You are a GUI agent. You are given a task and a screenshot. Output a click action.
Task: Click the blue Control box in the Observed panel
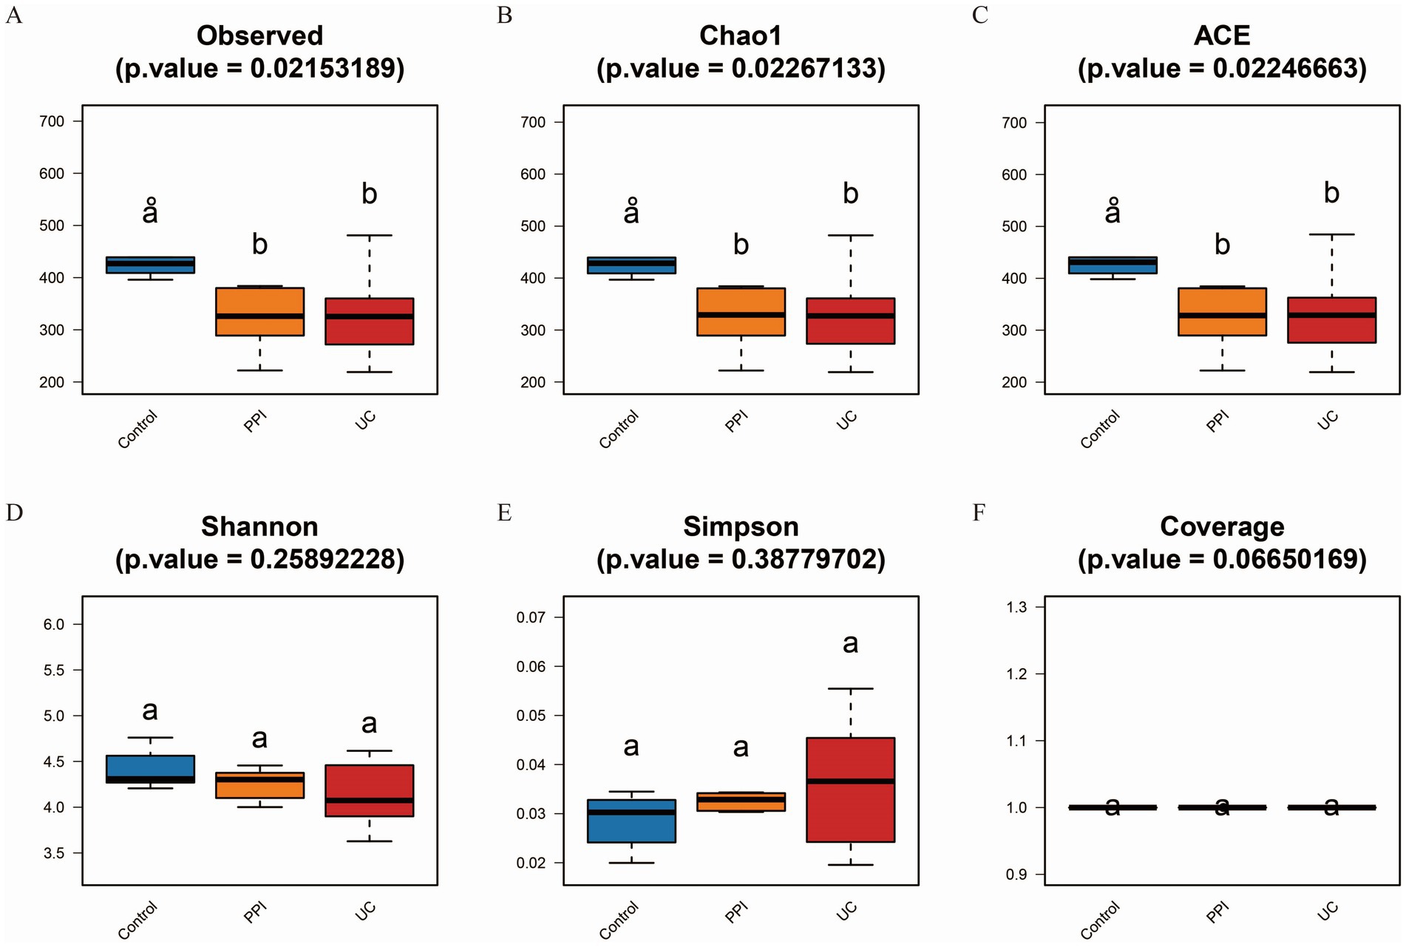coord(150,265)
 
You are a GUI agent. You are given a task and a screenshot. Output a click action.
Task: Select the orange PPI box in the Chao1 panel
coord(741,311)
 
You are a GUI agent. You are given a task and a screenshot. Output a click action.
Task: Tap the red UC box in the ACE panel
coord(1331,319)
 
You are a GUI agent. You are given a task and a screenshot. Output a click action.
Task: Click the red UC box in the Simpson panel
coord(850,789)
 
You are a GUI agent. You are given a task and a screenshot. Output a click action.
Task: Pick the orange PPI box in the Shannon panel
coord(259,785)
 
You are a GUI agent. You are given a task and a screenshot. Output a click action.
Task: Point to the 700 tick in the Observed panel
coord(52,121)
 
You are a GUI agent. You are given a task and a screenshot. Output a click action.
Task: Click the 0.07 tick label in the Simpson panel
coord(530,617)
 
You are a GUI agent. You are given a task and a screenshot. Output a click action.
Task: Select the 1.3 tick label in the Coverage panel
coord(1016,607)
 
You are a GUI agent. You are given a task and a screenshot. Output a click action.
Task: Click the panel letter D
coord(14,512)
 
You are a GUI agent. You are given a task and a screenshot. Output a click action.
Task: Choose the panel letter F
coord(979,512)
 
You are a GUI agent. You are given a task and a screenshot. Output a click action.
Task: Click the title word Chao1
coord(740,35)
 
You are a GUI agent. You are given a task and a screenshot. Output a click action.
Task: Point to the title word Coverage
coord(1221,526)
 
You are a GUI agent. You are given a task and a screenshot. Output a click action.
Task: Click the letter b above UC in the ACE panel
coord(1331,193)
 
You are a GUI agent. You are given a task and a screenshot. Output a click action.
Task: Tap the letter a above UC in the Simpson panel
coord(850,643)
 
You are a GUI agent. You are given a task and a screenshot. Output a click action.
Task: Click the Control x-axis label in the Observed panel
coord(138,430)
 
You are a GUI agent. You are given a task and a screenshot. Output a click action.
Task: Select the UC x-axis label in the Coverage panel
coord(1328,912)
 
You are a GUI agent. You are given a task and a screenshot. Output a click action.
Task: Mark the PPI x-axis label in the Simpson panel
coord(736,913)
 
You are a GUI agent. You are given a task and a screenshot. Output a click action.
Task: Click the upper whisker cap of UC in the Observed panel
coord(369,235)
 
